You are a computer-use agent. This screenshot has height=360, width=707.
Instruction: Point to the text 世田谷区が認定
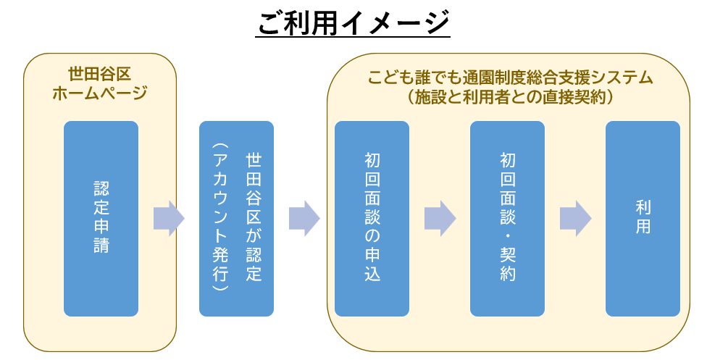[x=254, y=217]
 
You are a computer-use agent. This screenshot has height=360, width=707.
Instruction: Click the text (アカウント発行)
[x=220, y=217]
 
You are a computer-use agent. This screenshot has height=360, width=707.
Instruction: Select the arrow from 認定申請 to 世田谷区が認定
[x=169, y=218]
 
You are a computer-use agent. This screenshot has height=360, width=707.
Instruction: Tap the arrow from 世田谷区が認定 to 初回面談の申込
[x=304, y=218]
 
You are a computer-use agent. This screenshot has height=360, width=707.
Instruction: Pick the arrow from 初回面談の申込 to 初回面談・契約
[x=440, y=218]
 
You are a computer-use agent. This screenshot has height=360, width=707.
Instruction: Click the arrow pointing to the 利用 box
[x=575, y=218]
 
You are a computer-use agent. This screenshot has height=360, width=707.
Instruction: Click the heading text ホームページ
[x=100, y=93]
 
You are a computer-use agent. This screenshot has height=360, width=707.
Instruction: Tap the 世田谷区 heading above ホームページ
[x=100, y=74]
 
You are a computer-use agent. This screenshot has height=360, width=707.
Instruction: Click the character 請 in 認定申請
[x=101, y=245]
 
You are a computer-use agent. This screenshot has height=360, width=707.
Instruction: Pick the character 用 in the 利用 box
[x=643, y=227]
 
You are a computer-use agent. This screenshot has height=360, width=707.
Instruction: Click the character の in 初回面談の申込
[x=372, y=236]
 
